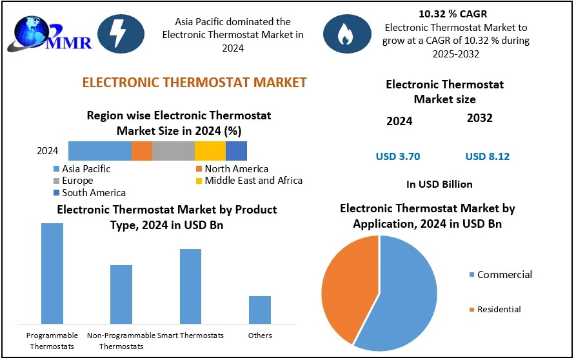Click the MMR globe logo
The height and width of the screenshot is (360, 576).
50,34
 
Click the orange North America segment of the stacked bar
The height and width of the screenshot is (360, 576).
142,151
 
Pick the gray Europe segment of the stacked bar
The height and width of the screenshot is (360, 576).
174,151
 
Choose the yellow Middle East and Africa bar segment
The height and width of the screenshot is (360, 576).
210,151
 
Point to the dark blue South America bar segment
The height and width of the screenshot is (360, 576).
236,151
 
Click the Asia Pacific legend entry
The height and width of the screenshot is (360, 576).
82,169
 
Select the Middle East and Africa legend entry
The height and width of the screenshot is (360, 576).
249,181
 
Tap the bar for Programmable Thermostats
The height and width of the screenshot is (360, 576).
52,274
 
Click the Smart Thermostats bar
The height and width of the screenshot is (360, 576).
191,286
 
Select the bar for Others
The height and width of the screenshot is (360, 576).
260,310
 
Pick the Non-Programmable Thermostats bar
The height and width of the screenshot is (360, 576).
121,295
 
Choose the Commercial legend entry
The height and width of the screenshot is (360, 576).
501,275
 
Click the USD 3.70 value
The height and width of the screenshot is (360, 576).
398,157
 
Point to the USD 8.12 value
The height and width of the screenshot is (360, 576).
488,157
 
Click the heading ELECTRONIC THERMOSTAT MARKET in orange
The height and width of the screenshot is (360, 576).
194,83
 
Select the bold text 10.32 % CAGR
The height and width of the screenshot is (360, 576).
453,14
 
